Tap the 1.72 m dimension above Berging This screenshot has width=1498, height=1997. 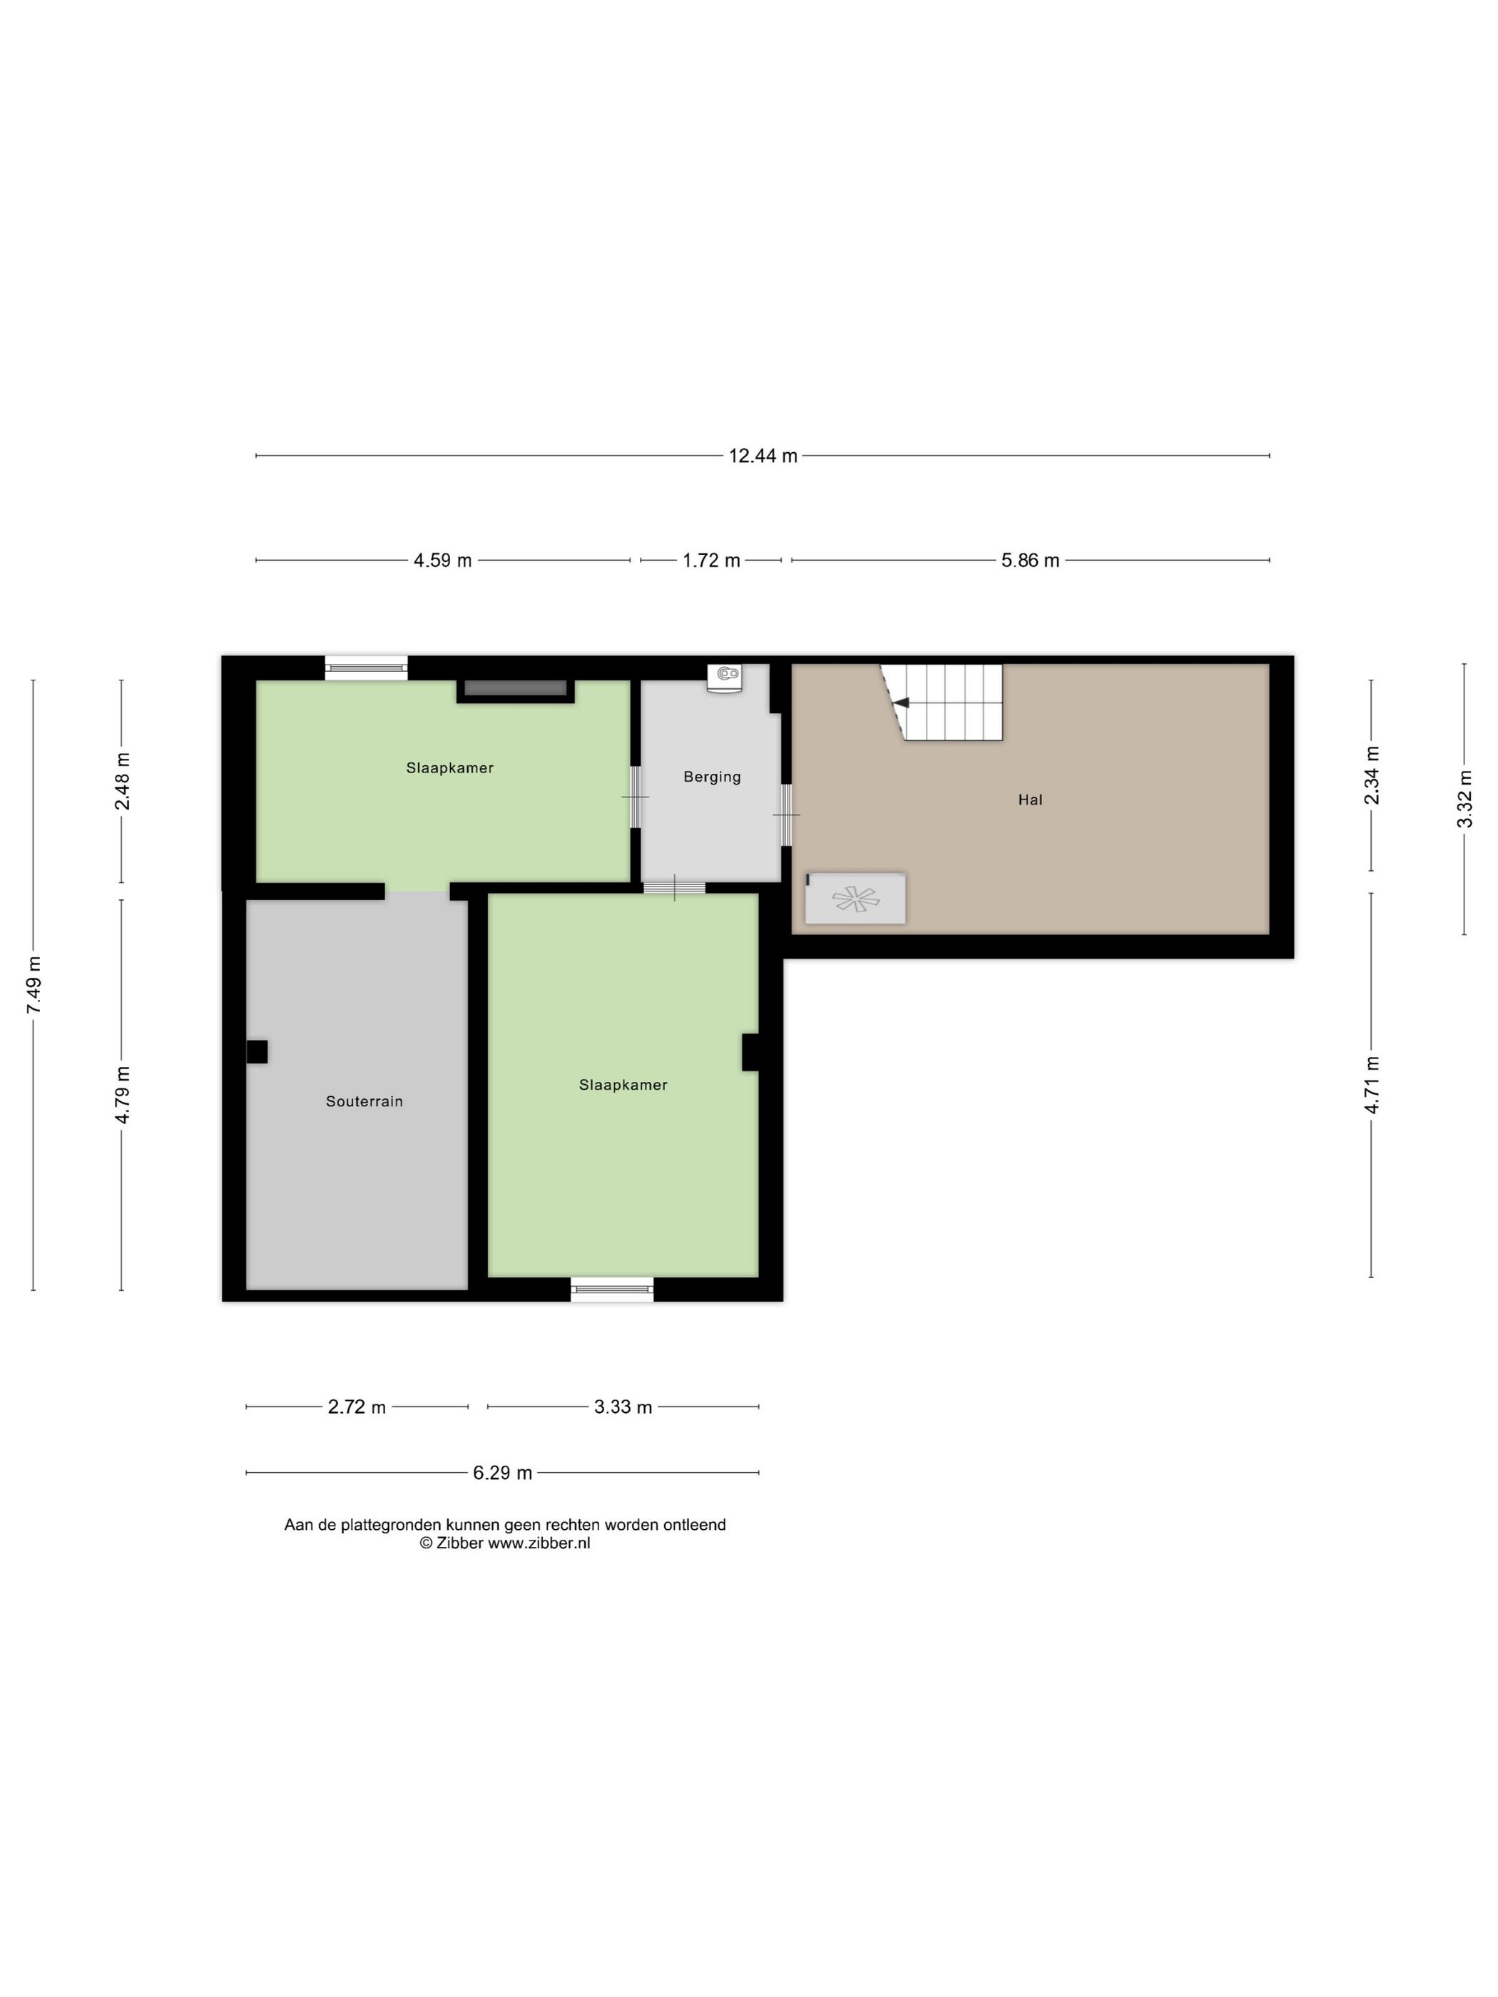[710, 561]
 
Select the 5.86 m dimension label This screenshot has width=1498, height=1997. [1029, 561]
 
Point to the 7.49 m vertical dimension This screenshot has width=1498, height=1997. [34, 984]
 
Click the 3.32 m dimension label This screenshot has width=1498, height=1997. [1464, 798]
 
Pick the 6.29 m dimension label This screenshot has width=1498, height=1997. [502, 1474]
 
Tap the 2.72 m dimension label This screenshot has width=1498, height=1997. [357, 1406]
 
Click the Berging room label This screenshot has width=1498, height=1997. [711, 777]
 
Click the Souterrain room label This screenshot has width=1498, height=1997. [364, 1101]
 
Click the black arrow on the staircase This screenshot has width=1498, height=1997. [900, 703]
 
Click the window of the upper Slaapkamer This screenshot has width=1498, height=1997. [366, 668]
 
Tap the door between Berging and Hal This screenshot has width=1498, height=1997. [785, 814]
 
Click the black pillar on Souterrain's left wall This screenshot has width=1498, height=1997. [256, 1052]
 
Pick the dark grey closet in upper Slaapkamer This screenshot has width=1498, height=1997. [515, 689]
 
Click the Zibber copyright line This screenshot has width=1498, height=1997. [505, 1543]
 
